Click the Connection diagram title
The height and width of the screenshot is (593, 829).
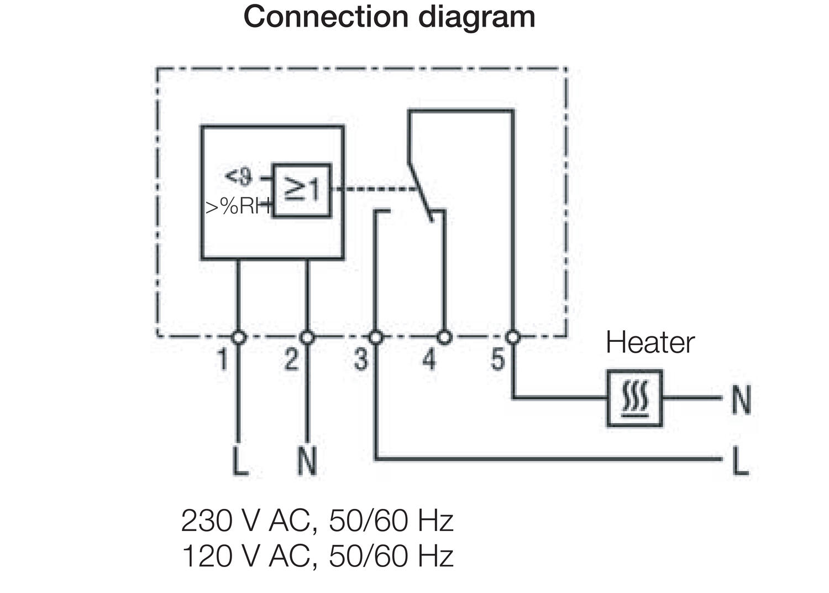coord(389,17)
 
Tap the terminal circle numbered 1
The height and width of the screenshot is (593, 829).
coord(238,336)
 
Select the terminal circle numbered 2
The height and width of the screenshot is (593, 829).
coord(307,336)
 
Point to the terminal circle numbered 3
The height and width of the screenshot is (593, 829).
coord(375,336)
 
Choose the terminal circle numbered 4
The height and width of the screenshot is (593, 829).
coord(444,336)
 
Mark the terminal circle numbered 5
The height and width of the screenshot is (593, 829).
coord(513,336)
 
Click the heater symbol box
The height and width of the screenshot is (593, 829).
coord(634,398)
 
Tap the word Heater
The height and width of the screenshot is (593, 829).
coord(649,342)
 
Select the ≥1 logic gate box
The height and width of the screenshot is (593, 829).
coord(302,190)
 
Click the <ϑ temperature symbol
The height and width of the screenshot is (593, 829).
coord(238,177)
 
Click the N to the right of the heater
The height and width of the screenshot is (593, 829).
coord(741,399)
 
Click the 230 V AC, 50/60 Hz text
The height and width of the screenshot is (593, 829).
coord(317,521)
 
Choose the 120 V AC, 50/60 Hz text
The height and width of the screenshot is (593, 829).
coord(317,556)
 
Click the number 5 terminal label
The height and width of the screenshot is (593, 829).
coord(498,360)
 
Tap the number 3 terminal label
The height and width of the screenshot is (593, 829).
coord(360,360)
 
